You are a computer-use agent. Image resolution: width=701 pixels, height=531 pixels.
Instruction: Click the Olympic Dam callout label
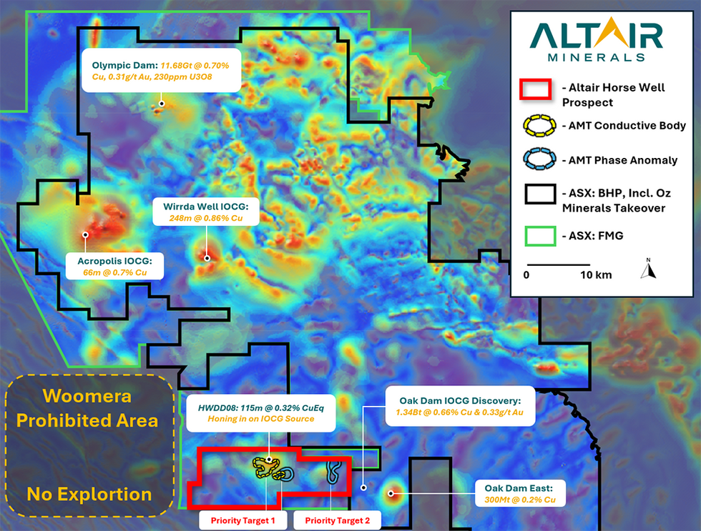pos(161,71)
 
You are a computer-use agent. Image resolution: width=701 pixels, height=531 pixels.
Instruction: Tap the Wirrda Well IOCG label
pos(206,212)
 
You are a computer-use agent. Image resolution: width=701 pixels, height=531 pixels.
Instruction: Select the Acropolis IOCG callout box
pos(115,266)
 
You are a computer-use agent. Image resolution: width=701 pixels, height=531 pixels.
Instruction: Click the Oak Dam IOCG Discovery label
pos(460,406)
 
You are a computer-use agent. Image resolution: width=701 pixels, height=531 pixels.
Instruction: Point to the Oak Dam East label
pos(520,494)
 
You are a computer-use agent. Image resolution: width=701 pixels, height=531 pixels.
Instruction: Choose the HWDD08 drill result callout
pos(260,413)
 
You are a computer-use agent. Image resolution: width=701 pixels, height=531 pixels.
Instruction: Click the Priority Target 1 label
pos(242,520)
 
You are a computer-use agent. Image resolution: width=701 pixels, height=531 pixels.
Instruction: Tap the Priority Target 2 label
pos(338,520)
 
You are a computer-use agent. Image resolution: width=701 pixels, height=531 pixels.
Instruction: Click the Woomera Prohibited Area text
pos(87,408)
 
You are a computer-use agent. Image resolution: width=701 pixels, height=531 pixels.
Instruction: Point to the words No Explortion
pos(89,495)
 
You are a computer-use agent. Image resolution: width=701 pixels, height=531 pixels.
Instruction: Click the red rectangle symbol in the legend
pos(535,89)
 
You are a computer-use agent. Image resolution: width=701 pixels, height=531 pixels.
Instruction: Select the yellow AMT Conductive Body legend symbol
pos(539,126)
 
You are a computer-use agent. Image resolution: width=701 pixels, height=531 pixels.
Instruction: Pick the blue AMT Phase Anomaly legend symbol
pos(539,159)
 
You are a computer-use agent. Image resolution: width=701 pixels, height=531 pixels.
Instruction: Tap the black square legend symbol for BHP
pos(540,194)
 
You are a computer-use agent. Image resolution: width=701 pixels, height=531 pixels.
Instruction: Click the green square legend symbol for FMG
pos(540,236)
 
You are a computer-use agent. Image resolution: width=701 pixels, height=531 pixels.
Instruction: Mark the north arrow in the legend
pos(648,269)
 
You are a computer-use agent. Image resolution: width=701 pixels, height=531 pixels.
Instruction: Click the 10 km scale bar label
pos(596,274)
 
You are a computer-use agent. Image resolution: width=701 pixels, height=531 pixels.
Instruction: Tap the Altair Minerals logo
pos(597,39)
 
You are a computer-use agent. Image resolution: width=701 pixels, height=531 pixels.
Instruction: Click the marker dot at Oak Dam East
pos(391,494)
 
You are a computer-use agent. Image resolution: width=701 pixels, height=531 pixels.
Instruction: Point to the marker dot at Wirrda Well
pos(207,258)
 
